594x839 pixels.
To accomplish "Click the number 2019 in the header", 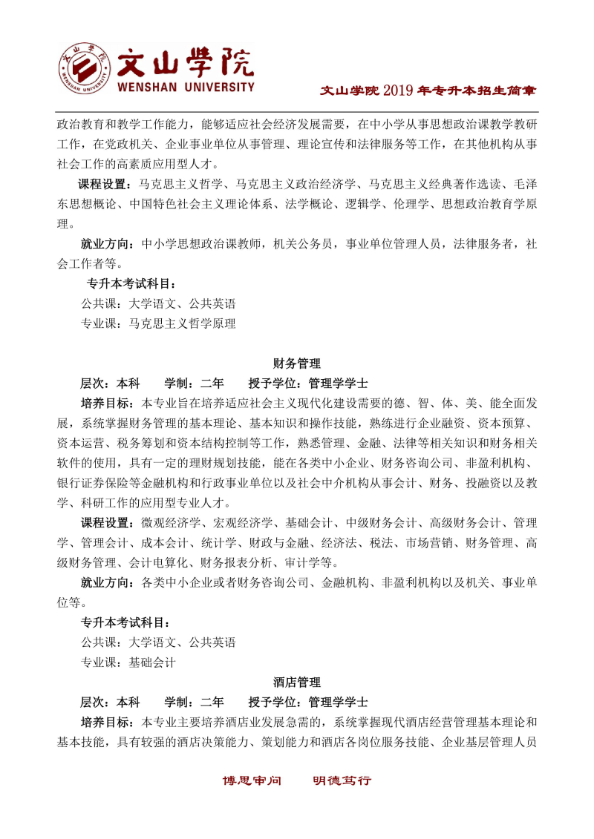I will pyautogui.click(x=398, y=91).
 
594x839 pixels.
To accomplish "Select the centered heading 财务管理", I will pyautogui.click(x=297, y=363).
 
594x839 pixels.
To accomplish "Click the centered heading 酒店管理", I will pyautogui.click(x=297, y=681).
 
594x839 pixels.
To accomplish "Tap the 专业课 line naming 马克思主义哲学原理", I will pyautogui.click(x=158, y=323).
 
